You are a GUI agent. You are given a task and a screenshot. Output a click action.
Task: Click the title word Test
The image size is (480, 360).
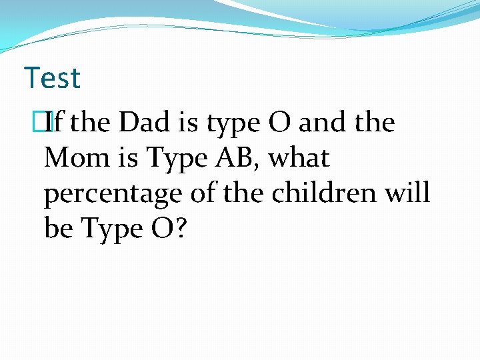point(52,78)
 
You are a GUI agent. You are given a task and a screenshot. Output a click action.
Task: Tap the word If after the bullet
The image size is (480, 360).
point(59,123)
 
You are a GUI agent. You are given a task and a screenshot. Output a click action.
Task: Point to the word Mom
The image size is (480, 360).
point(73,159)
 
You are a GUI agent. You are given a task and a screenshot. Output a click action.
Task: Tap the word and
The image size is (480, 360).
point(322,123)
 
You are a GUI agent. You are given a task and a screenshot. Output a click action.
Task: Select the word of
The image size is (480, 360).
point(197,193)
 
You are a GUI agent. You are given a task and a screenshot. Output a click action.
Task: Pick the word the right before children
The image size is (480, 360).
point(238,193)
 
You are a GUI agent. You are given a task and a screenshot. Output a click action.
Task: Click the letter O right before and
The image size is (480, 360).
point(279,123)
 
